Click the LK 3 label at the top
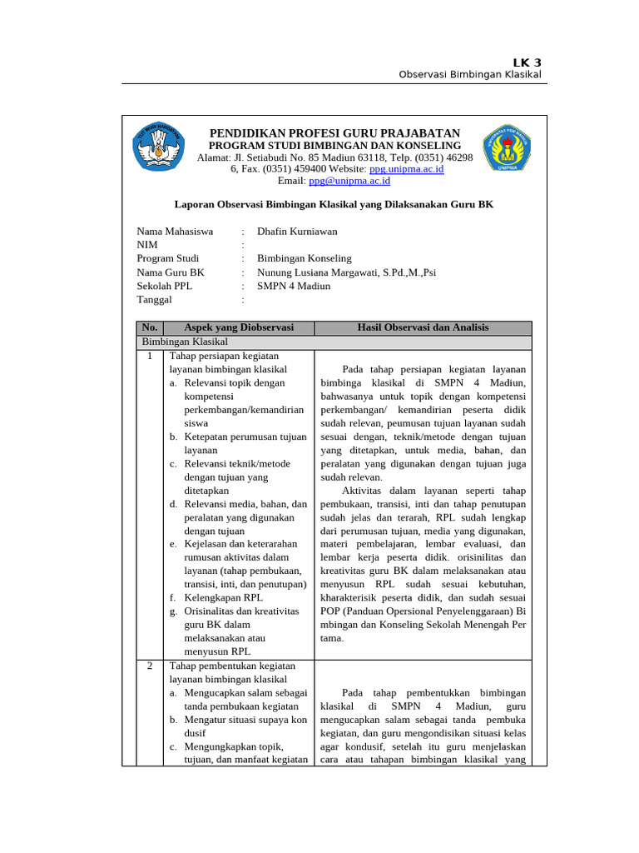(526, 62)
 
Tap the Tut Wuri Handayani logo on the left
(160, 148)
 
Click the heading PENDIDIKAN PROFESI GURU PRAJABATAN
(334, 133)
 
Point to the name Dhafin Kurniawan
(297, 232)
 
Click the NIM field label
(147, 245)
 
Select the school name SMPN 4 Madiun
(294, 285)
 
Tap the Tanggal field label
(155, 299)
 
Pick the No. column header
(150, 328)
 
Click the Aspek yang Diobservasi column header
(239, 328)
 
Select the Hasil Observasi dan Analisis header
(423, 328)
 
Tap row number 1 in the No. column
(150, 356)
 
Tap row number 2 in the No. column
(150, 666)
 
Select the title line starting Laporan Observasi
(334, 203)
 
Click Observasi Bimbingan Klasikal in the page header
(470, 75)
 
